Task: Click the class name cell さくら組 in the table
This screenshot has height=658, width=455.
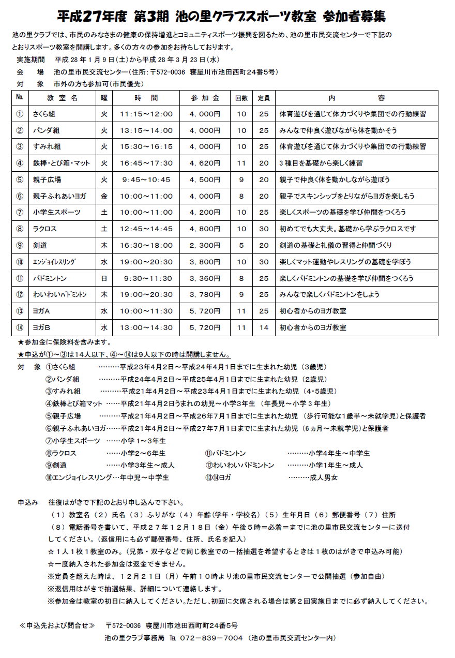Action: pos(44,114)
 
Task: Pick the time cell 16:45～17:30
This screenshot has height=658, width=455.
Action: pos(146,163)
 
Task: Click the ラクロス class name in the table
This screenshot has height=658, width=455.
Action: pos(44,229)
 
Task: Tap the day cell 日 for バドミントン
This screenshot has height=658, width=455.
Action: pos(104,278)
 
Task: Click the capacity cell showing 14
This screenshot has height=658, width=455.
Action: pos(264,327)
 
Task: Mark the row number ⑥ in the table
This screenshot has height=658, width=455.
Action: pos(20,196)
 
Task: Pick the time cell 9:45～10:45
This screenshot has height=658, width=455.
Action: pos(146,180)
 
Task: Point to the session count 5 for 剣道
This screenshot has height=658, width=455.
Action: pos(241,245)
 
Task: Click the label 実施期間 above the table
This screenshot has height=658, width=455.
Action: pos(31,59)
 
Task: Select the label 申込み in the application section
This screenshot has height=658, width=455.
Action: pos(28,502)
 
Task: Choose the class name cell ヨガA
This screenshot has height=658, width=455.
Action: pos(41,311)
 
